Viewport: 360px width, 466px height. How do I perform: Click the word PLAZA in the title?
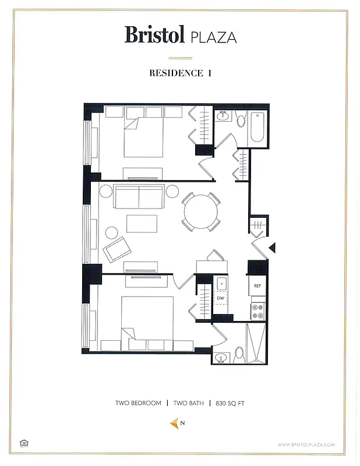[213, 37]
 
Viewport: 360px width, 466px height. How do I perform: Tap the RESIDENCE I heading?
[180, 73]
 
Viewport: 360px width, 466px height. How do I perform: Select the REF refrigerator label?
[257, 286]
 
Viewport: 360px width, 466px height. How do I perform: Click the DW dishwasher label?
[221, 298]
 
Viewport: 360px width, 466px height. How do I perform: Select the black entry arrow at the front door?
[271, 249]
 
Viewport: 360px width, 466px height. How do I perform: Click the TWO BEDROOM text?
[138, 403]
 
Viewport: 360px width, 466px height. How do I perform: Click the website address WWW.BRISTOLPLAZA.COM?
[306, 444]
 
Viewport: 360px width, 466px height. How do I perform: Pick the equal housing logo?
[24, 443]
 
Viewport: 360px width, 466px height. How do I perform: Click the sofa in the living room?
[139, 197]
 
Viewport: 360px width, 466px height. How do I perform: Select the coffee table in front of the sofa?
[142, 224]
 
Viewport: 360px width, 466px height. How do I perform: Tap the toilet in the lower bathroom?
[239, 353]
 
